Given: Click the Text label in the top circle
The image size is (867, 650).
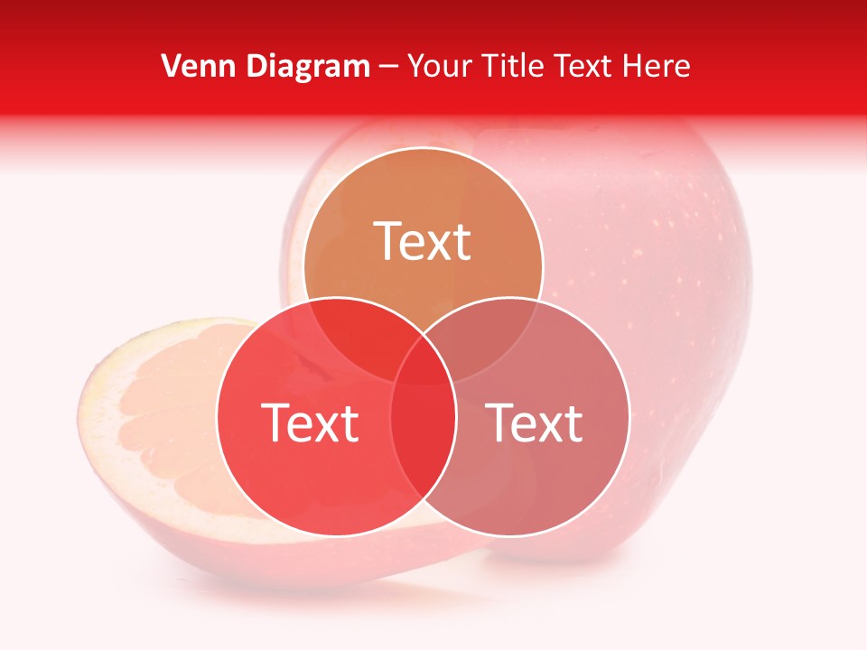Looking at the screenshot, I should tap(423, 242).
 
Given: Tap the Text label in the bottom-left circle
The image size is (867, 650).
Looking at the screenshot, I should tap(310, 422).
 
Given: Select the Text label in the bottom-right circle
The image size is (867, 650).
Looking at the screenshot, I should tap(534, 422).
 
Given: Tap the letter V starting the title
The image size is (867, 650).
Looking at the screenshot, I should tap(170, 66).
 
